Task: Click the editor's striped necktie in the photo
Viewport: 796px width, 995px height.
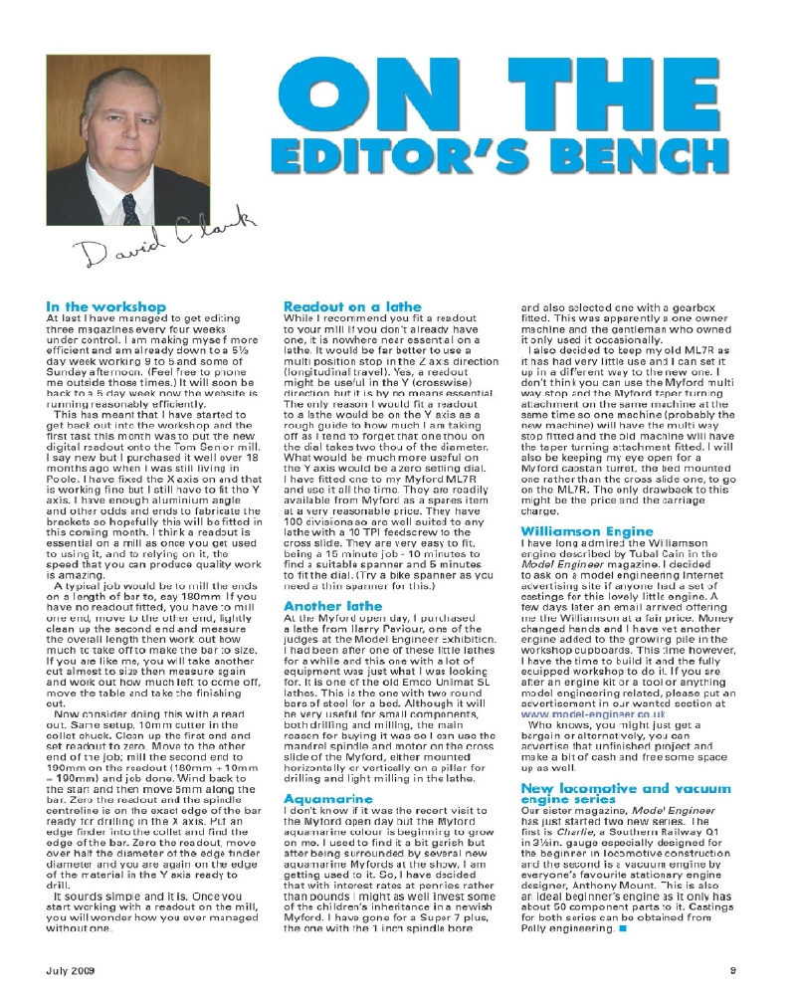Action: click(129, 210)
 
